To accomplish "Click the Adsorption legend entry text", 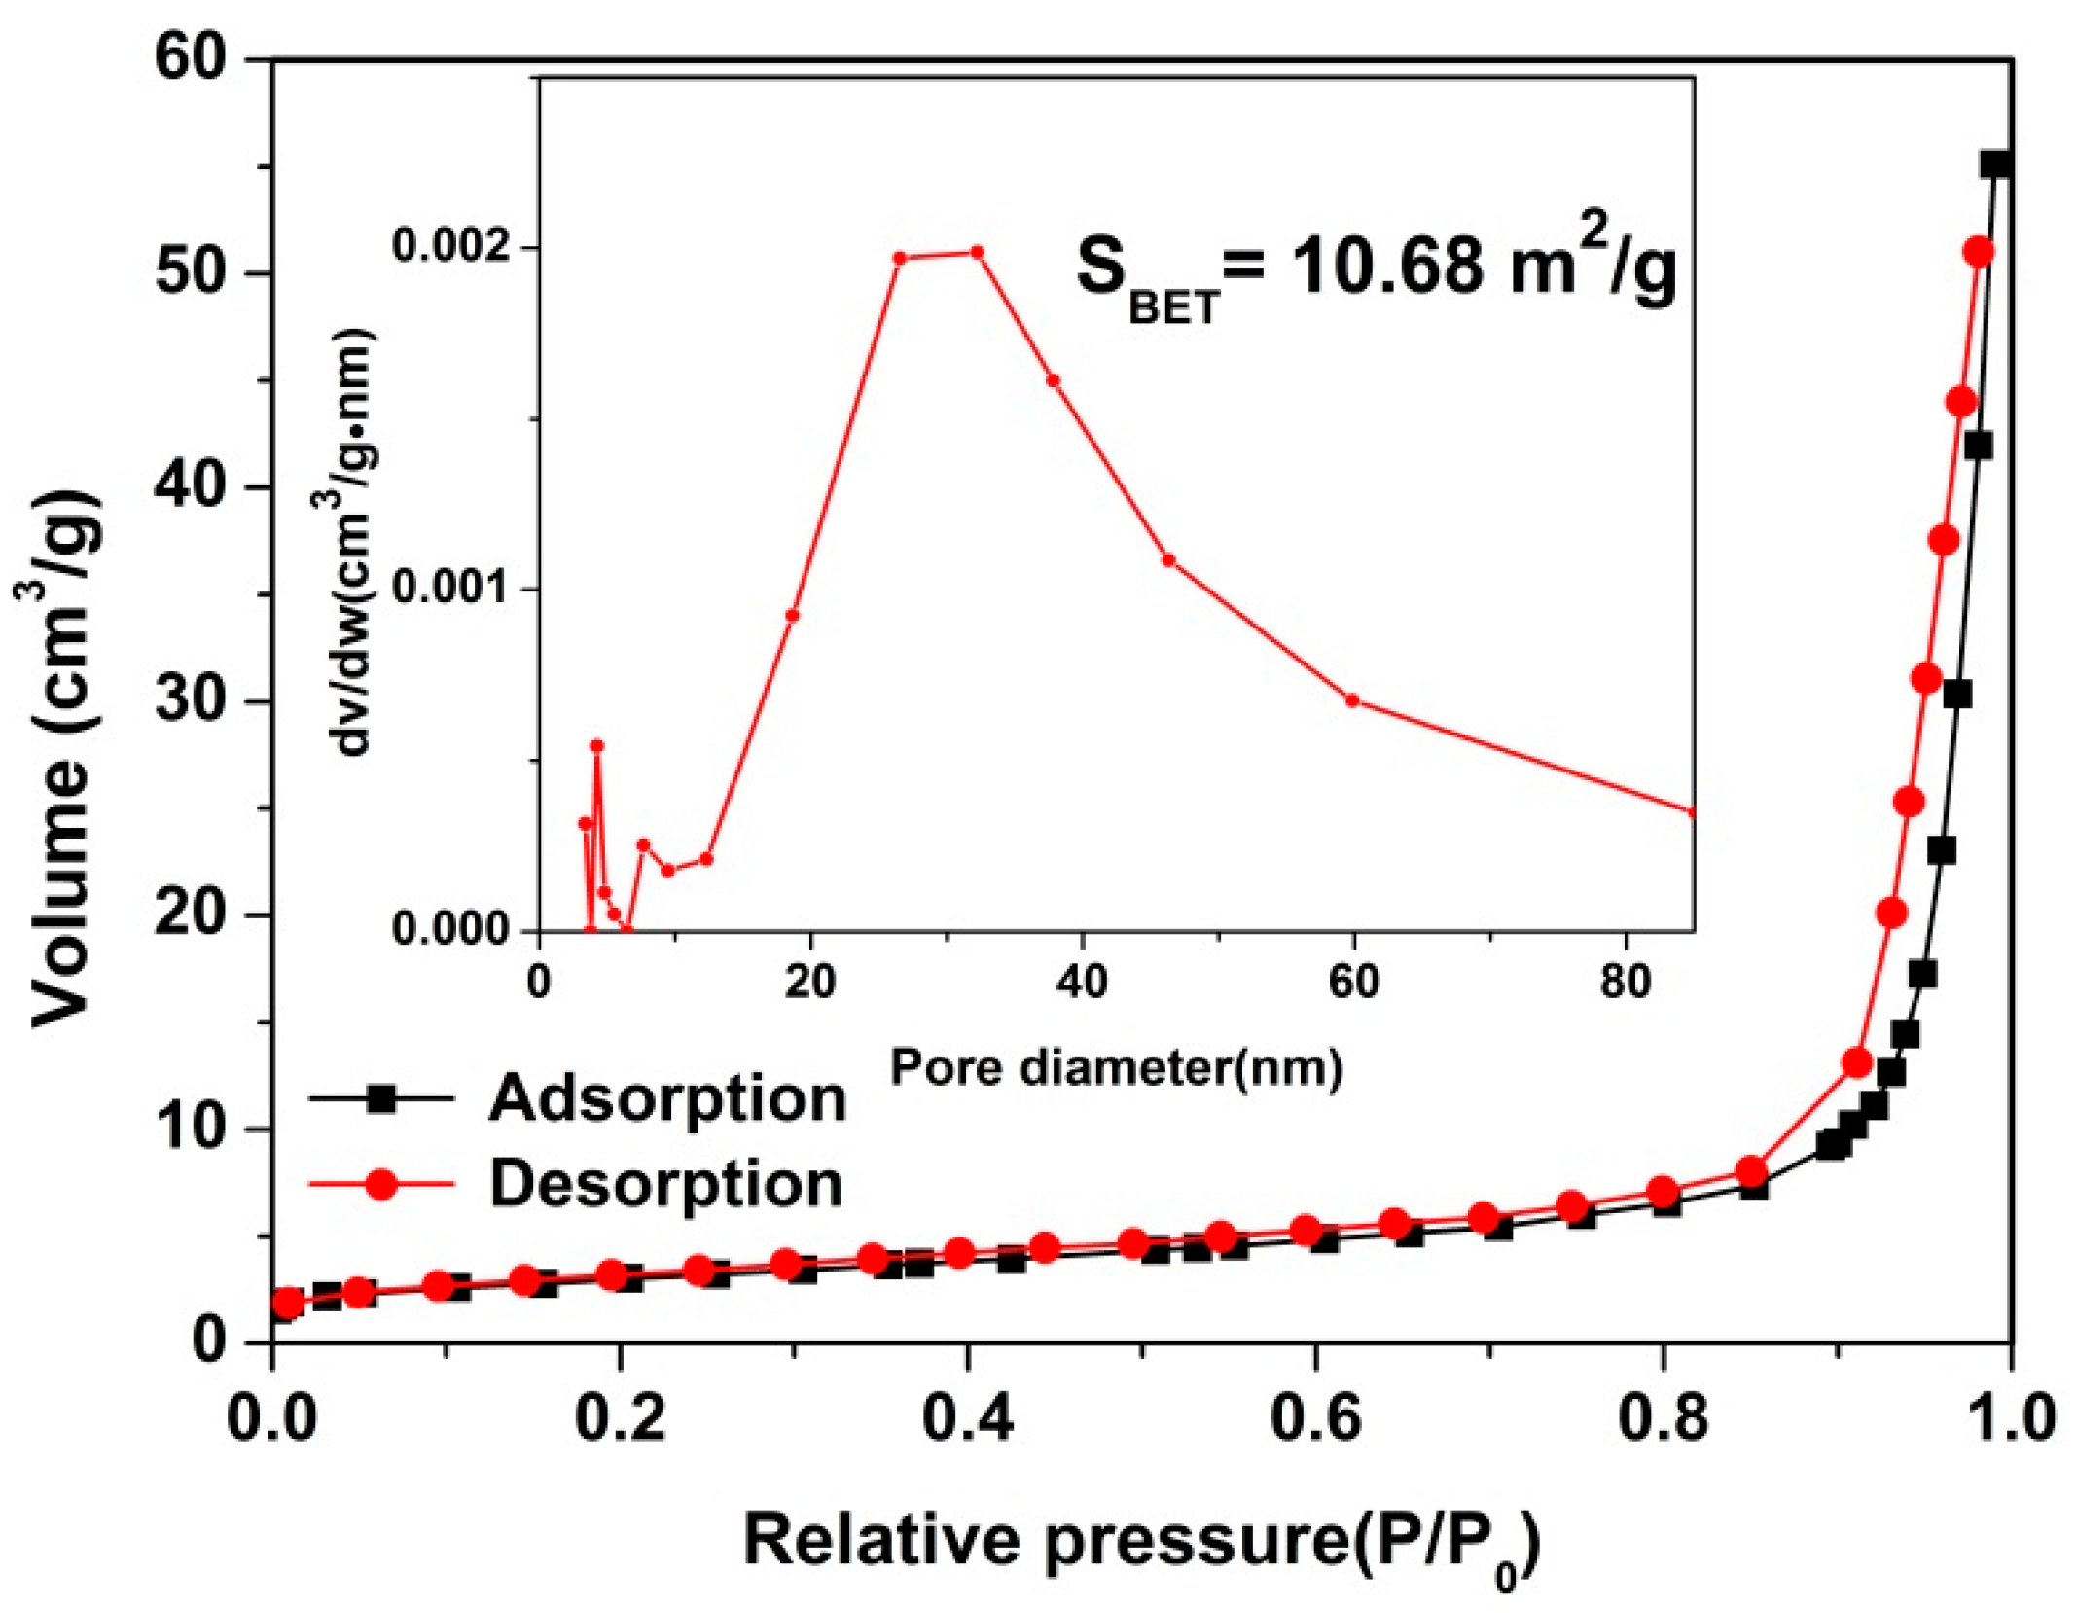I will tap(667, 1099).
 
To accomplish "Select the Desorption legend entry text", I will tap(665, 1184).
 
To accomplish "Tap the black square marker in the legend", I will tap(382, 1099).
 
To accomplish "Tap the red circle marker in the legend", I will tap(382, 1184).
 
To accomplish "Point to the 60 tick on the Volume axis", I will tap(198, 60).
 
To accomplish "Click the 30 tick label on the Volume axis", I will tap(198, 701).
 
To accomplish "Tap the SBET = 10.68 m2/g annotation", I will tap(1376, 270).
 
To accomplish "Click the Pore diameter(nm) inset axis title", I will tap(1116, 1068).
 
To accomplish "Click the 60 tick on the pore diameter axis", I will tap(1353, 983).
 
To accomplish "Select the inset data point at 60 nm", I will tap(1352, 699).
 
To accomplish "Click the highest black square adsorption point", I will tap(1996, 164).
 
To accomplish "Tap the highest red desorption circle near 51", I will tap(1979, 253).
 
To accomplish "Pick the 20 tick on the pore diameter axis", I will tap(810, 983).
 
